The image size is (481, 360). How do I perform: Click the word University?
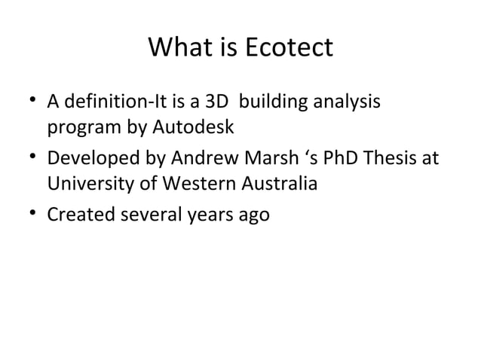point(86,183)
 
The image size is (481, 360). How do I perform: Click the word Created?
point(77,215)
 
